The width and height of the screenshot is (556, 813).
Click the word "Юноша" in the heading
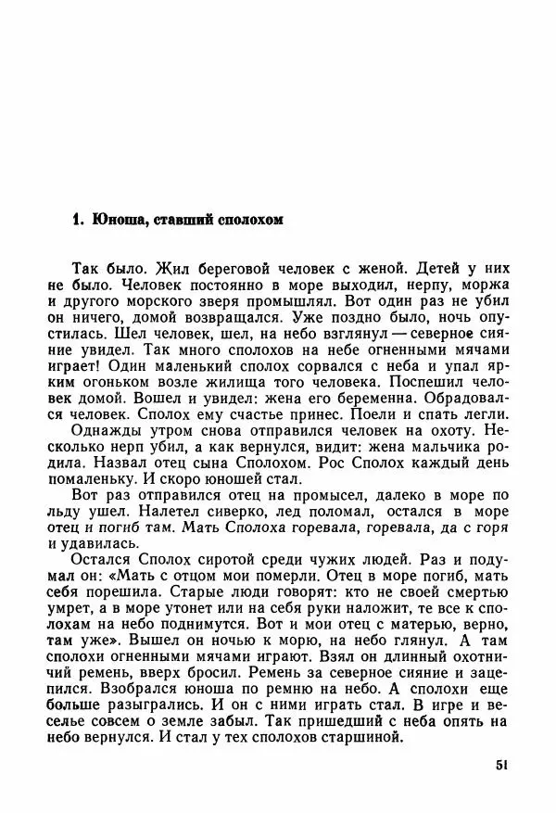111,221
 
